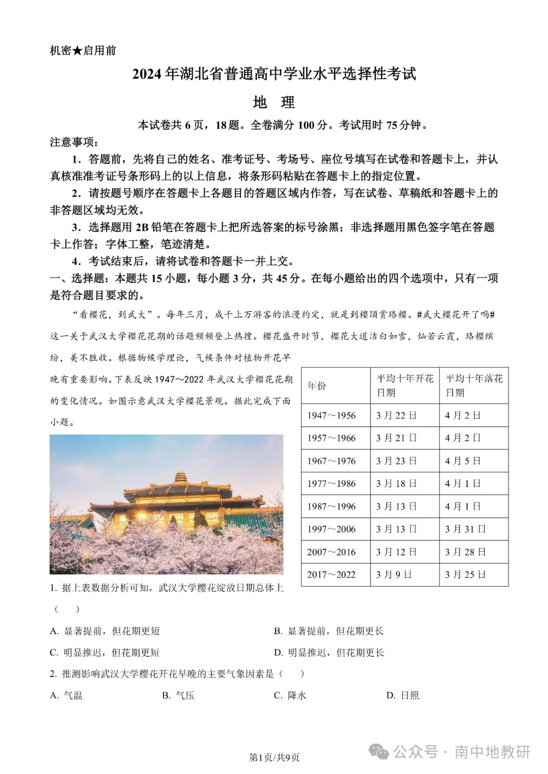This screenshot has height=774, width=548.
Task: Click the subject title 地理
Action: point(273,102)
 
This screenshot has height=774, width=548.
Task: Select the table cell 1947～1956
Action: point(331,415)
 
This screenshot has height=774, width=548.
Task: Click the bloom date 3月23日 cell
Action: point(396,461)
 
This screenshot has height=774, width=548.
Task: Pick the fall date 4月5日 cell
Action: point(463,461)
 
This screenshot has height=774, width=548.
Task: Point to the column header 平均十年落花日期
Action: point(473,385)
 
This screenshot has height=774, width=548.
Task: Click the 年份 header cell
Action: point(317,386)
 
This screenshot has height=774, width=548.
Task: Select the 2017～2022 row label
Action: point(331,575)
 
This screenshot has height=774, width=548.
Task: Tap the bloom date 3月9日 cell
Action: point(394,575)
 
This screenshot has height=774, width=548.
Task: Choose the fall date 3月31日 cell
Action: point(465,529)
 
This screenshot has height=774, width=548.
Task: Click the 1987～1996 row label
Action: point(331,506)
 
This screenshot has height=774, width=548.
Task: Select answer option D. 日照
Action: point(403,695)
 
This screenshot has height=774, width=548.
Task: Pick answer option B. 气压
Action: point(179,695)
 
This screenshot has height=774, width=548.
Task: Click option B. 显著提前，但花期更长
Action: point(329,631)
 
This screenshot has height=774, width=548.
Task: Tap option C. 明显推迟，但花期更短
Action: point(105,653)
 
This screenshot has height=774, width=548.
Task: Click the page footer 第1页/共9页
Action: point(274,758)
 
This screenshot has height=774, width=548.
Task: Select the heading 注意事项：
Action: point(75,142)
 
